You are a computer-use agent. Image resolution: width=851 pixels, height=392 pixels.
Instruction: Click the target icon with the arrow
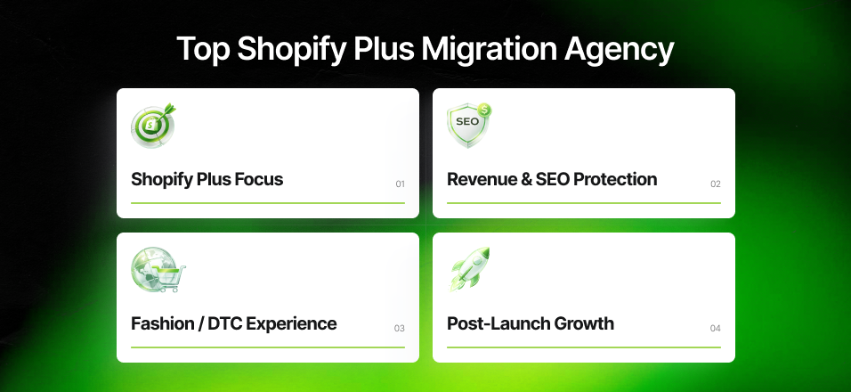pyautogui.click(x=152, y=126)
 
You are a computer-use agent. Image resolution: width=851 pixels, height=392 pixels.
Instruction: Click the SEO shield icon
pyautogui.click(x=468, y=125)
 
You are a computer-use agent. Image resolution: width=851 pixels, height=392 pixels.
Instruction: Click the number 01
pyautogui.click(x=400, y=184)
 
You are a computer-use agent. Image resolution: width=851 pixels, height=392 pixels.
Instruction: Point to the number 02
pyautogui.click(x=716, y=184)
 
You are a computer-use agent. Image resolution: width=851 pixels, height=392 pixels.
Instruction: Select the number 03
pyautogui.click(x=400, y=329)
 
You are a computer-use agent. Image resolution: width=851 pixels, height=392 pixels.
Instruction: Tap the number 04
pyautogui.click(x=716, y=329)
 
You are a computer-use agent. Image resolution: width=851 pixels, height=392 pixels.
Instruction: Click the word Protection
pyautogui.click(x=615, y=179)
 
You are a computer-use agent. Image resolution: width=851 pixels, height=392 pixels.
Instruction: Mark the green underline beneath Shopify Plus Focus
pyautogui.click(x=267, y=203)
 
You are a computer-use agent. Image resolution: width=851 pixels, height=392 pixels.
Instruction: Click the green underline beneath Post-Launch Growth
pyautogui.click(x=583, y=347)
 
